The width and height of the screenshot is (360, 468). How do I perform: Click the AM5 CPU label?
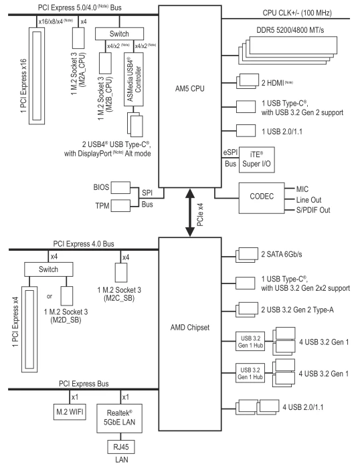coord(190,89)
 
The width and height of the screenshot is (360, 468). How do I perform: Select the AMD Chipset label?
coord(190,328)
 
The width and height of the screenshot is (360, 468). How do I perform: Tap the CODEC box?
coord(262,198)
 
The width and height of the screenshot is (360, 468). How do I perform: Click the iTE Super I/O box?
coord(257,160)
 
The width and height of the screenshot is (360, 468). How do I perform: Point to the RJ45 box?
coord(121,447)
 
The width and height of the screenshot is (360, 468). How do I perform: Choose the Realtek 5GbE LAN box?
coord(119,419)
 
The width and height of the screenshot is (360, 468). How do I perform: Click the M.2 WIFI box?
coord(70,412)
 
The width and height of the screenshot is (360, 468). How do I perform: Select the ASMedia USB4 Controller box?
coord(134,80)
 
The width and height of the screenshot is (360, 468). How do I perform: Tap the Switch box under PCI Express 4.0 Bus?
coord(48,269)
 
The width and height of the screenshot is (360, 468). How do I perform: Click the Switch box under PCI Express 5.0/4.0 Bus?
coord(119,33)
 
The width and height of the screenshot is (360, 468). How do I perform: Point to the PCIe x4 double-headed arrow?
coord(190,212)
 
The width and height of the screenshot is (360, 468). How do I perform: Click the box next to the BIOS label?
coord(120,187)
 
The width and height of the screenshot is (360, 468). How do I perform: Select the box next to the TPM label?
coord(120,206)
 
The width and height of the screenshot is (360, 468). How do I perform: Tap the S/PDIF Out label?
coord(313,210)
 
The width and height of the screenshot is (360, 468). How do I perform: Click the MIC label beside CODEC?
coord(302,189)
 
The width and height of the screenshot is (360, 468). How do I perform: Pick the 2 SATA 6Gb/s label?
coord(282,254)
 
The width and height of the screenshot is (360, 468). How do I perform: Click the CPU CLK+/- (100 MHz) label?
coord(297,13)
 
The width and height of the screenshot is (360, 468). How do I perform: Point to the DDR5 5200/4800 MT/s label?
coord(290,30)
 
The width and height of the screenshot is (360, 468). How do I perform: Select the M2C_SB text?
coord(119,298)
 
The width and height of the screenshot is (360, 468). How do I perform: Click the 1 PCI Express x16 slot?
coord(37,76)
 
